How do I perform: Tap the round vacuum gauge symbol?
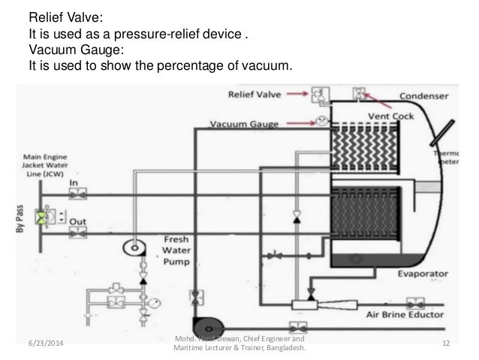322,120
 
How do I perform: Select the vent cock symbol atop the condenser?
360,93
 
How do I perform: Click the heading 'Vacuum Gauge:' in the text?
64,52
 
